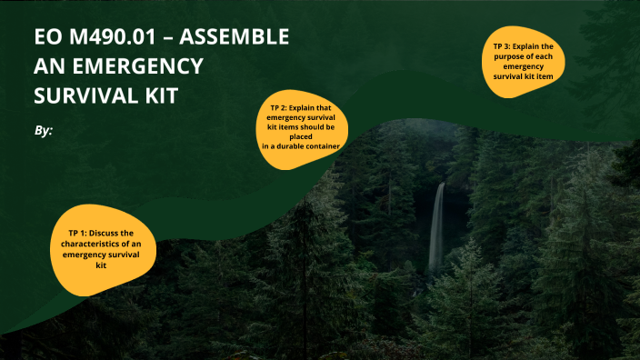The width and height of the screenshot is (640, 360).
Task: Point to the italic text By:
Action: (x=44, y=131)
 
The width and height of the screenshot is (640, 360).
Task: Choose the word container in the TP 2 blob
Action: (x=323, y=145)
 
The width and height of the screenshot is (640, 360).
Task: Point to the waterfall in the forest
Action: (x=437, y=227)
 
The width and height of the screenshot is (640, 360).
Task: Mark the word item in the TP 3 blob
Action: (x=544, y=77)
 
